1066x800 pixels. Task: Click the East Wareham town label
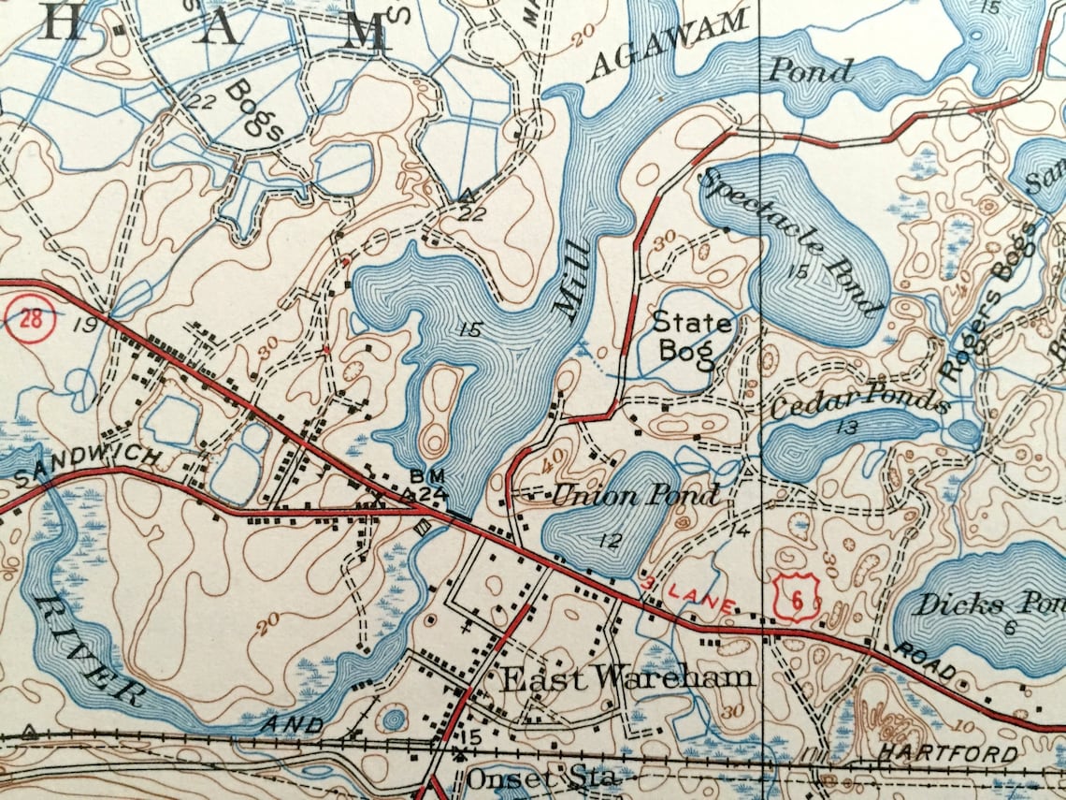[627, 677]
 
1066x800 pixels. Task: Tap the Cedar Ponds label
[859, 401]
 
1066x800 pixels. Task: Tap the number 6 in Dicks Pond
[1011, 627]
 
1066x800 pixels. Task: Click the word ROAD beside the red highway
[926, 662]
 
